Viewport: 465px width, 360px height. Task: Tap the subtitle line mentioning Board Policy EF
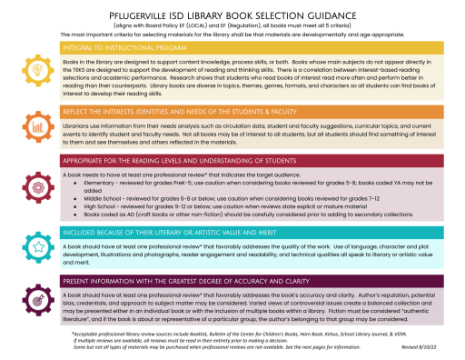232,23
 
